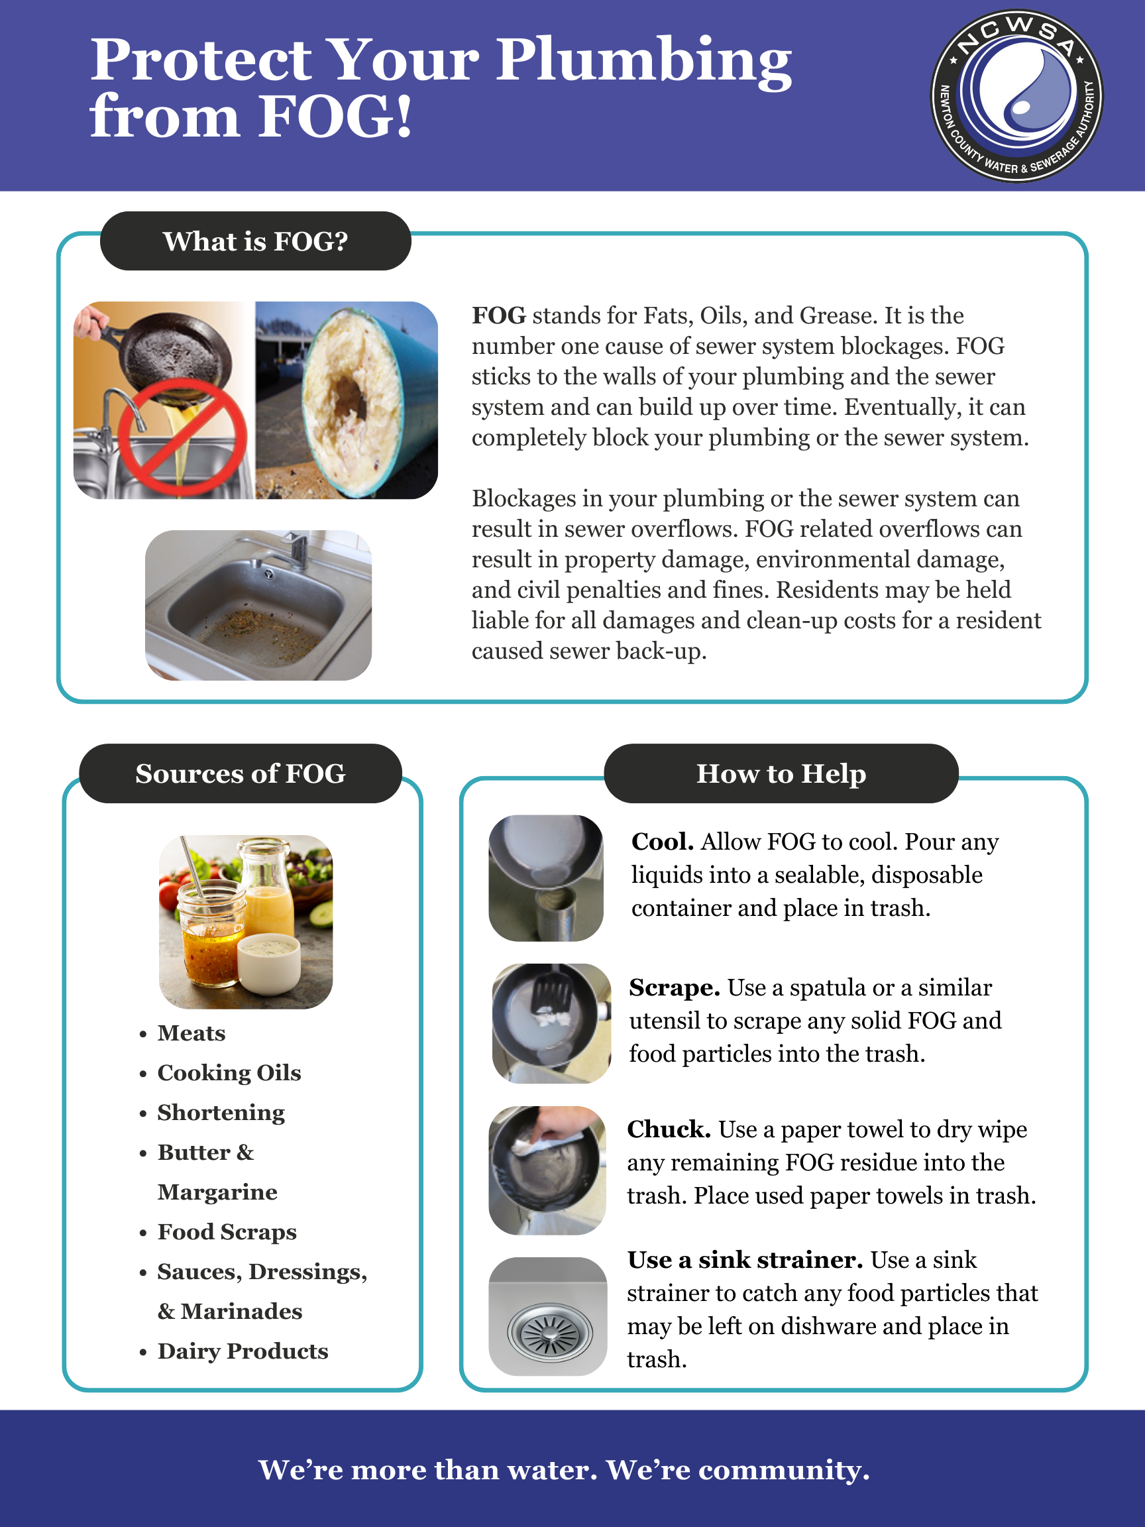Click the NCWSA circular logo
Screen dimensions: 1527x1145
1016,95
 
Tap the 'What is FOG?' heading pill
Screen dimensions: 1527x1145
255,241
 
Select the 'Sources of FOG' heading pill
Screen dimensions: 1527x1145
240,773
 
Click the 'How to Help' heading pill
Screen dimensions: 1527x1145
781,773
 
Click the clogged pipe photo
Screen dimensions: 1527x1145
347,400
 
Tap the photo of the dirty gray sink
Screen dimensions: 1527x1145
258,604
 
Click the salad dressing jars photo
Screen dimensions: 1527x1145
246,922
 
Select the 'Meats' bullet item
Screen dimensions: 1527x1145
191,1033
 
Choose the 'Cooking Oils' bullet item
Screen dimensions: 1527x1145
229,1073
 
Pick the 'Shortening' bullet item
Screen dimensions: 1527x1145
221,1113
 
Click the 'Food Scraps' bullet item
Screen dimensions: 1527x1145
227,1232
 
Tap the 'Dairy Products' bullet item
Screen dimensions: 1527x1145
243,1351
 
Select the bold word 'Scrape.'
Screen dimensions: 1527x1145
675,988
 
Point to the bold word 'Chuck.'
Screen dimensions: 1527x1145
669,1129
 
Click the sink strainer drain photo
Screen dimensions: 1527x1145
548,1316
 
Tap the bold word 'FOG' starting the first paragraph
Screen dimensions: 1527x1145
498,315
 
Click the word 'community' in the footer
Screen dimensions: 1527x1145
783,1470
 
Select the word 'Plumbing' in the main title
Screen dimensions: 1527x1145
644,61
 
